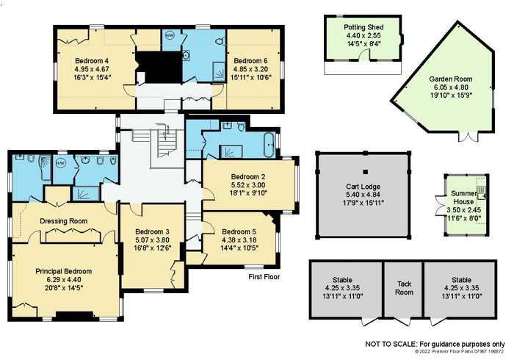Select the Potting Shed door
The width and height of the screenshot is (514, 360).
click(x=364, y=55)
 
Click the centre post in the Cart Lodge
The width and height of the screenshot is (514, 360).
click(x=366, y=172)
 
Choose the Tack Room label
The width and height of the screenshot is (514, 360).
click(x=404, y=288)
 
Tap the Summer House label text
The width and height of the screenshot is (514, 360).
click(x=463, y=198)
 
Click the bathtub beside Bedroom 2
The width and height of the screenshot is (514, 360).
click(x=271, y=145)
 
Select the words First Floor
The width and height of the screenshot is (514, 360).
click(x=264, y=277)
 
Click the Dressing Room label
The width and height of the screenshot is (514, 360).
click(x=64, y=221)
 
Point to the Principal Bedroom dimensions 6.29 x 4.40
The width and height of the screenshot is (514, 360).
click(x=64, y=280)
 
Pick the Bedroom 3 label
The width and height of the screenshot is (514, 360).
click(x=152, y=231)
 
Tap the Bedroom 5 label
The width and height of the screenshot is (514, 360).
click(x=239, y=231)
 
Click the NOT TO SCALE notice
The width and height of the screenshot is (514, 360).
click(x=435, y=345)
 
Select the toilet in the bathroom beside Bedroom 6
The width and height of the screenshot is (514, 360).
click(x=221, y=41)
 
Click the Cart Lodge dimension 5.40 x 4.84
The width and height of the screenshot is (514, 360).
click(x=363, y=195)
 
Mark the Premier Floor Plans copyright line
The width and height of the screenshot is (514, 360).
click(x=459, y=351)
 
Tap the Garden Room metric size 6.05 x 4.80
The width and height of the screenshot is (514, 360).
click(x=451, y=87)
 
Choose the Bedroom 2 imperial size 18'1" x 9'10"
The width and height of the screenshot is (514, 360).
click(x=248, y=192)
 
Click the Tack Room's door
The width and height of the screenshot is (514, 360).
click(x=403, y=322)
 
